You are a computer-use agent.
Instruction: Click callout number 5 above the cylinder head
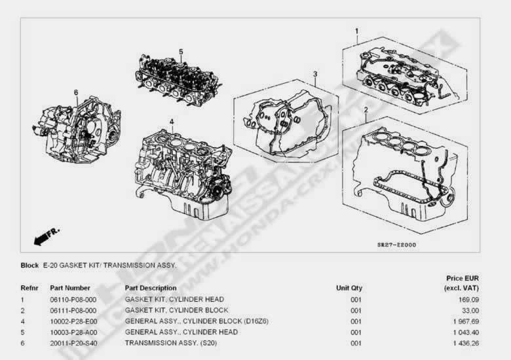[181, 52]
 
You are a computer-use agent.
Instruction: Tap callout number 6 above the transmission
[76, 92]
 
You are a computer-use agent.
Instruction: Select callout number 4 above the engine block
[172, 122]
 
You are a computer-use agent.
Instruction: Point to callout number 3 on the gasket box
[315, 74]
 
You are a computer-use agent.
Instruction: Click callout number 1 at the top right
[357, 31]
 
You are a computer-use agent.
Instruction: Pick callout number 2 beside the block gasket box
[366, 110]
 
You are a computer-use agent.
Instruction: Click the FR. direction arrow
[47, 237]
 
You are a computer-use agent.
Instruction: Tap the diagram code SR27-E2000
[396, 245]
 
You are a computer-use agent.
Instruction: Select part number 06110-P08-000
[73, 300]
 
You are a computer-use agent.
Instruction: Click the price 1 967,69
[466, 321]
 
